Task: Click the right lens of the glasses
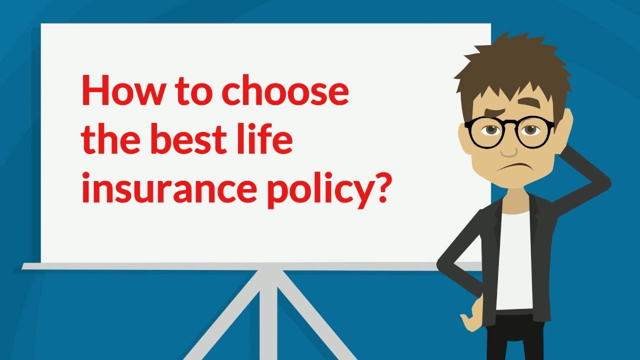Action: pyautogui.click(x=533, y=132)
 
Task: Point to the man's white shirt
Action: pyautogui.click(x=514, y=260)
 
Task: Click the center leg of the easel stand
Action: pyautogui.click(x=268, y=314)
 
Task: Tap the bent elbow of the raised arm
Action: pyautogui.click(x=603, y=183)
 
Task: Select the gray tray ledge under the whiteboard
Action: pyautogui.click(x=251, y=266)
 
